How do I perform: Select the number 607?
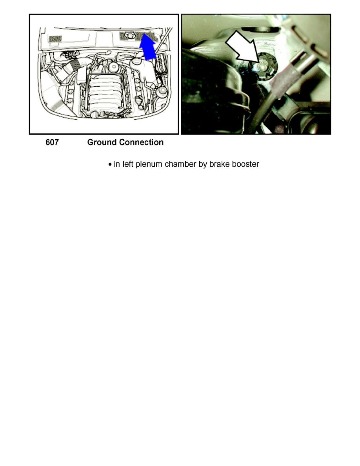(52, 142)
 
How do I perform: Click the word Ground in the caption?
(102, 142)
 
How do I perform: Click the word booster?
(245, 164)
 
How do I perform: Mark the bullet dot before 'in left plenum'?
(110, 164)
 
